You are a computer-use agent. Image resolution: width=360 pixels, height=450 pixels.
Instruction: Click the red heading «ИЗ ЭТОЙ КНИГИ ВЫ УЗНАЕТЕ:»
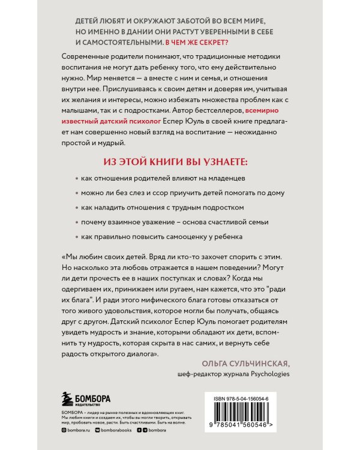point(180,163)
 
